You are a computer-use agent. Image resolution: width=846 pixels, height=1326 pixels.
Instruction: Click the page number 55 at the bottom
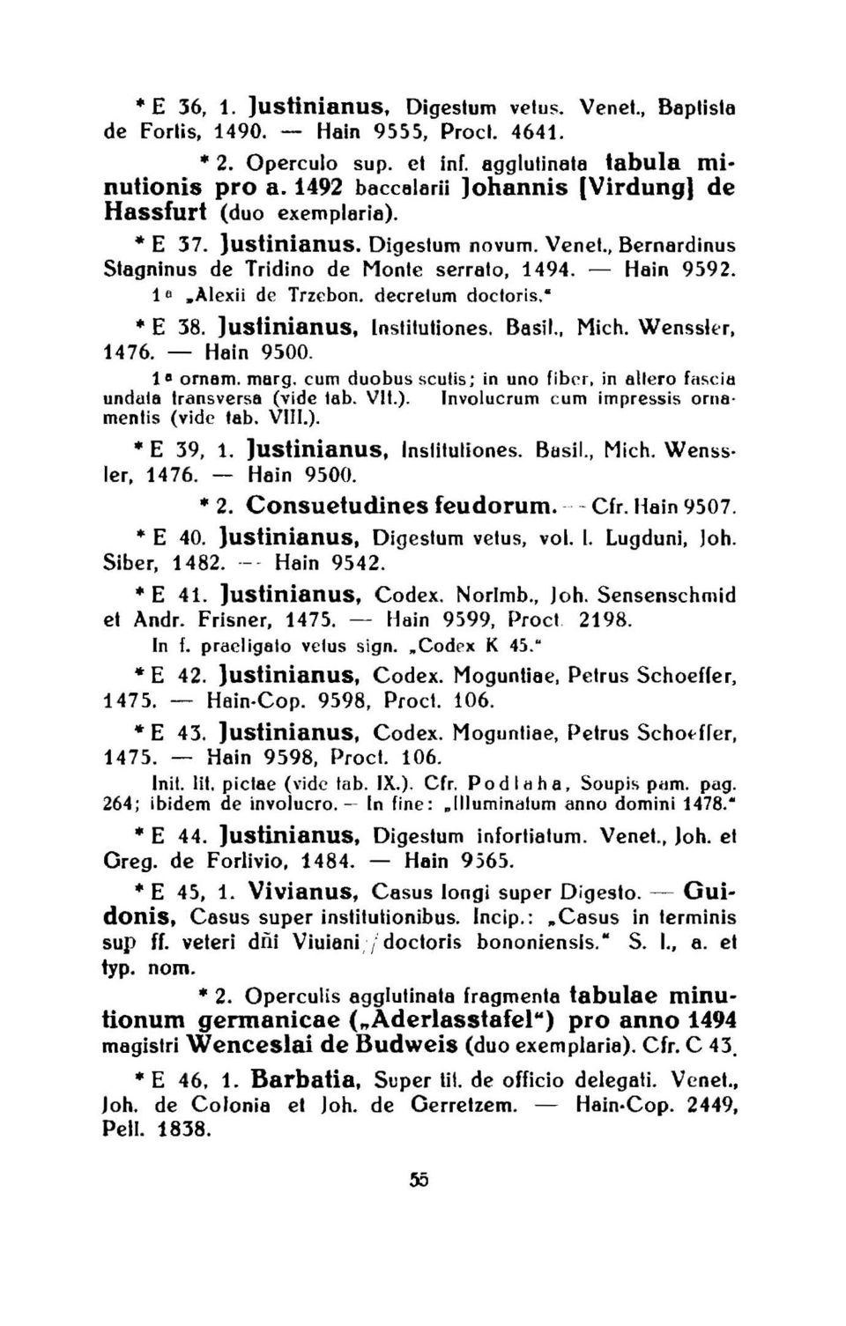(x=419, y=1181)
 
